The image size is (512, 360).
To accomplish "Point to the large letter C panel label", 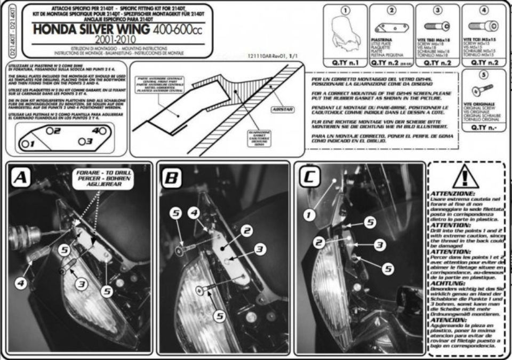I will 309,177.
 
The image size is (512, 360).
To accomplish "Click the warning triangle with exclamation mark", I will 465,177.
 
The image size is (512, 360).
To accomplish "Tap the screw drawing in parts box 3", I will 437,26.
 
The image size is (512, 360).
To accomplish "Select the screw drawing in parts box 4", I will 483,25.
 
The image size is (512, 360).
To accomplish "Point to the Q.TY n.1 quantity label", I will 345,62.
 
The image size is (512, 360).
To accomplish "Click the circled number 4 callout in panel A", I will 21,284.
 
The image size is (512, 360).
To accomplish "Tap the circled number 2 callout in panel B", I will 246,231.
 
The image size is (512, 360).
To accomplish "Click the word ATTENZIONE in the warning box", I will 452,193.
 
